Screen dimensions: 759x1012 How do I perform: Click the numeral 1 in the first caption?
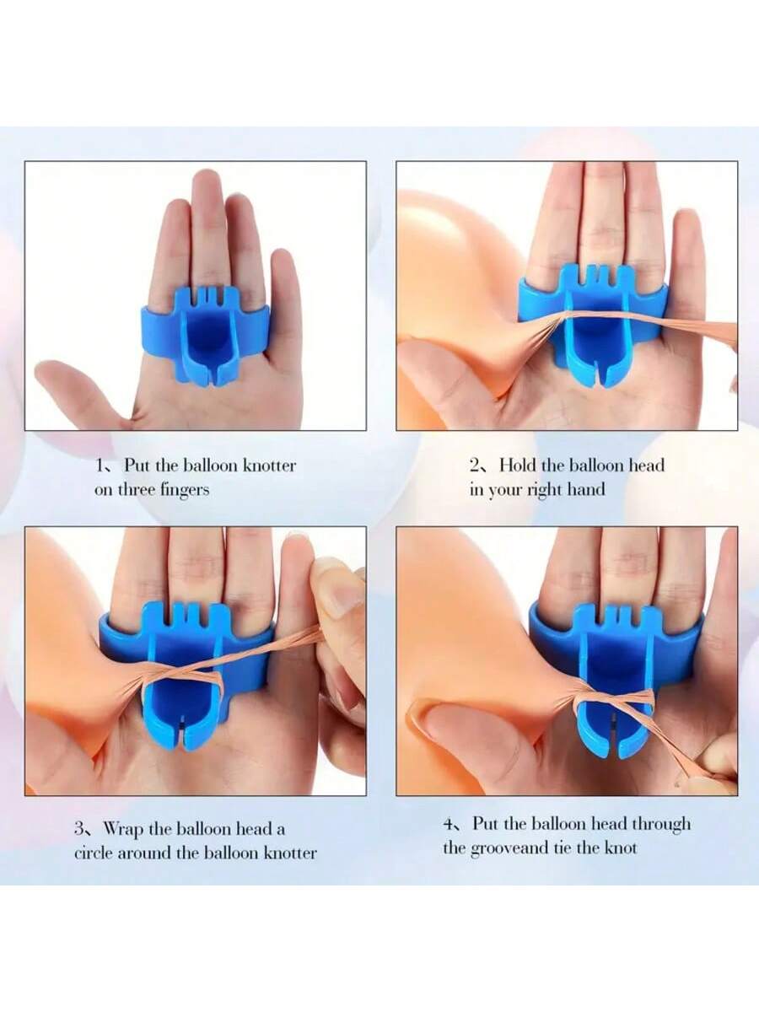[x=99, y=466]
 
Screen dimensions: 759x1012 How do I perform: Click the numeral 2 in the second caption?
[x=475, y=466]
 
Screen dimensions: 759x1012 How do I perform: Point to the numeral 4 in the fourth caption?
[x=449, y=823]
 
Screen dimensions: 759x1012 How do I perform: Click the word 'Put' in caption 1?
[x=137, y=466]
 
